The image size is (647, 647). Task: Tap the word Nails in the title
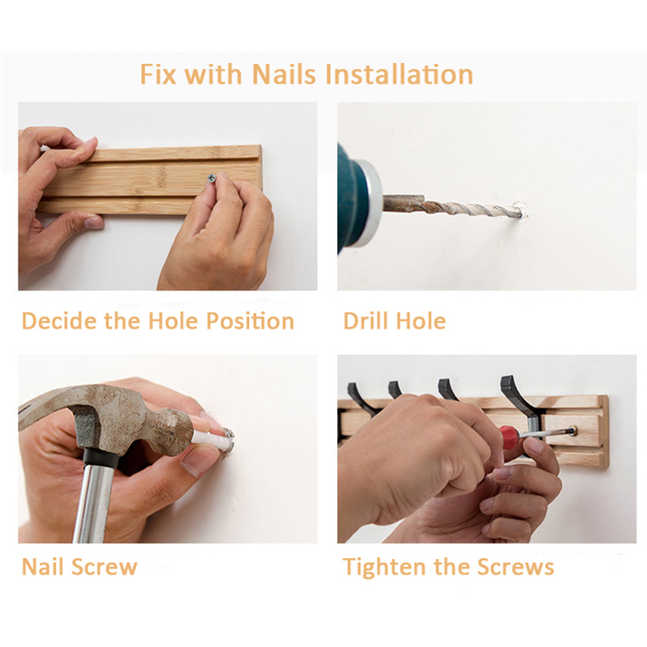pos(285,74)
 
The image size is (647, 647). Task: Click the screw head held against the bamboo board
pos(212,178)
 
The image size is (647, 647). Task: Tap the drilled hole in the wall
pos(521,210)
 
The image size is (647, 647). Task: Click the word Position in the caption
pos(250,321)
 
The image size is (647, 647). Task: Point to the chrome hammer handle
pos(93,499)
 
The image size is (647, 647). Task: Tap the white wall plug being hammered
pos(214,438)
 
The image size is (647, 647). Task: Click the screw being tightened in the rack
pos(573,432)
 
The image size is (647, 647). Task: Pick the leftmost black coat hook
pos(360,397)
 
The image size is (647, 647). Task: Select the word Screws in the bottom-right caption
pos(516,567)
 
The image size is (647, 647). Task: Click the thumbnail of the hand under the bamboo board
pos(94,223)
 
